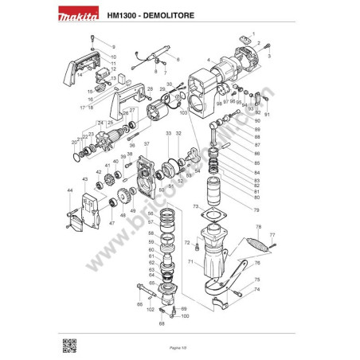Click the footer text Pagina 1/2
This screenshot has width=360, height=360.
(x=179, y=349)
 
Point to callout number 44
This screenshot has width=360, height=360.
(x=69, y=191)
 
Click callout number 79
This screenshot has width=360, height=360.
(x=256, y=210)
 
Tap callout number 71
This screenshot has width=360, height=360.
(x=190, y=261)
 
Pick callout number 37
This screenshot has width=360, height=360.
(x=147, y=143)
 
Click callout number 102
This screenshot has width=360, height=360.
(x=151, y=308)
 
